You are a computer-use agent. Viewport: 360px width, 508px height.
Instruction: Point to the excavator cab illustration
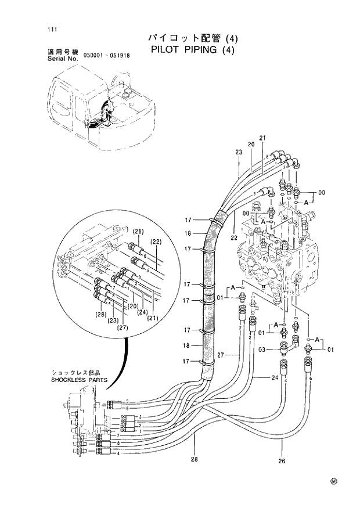coord(102,110)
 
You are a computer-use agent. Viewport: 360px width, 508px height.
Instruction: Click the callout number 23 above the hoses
coord(238,152)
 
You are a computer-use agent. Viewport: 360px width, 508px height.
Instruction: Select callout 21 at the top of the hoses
coord(262,138)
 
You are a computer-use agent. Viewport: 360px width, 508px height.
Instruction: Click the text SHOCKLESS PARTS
coord(75,380)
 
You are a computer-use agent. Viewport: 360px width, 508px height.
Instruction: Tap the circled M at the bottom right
coord(334,481)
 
